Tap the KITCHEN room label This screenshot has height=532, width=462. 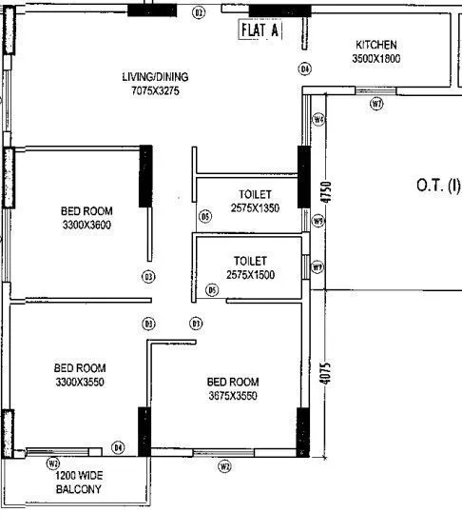[376, 45]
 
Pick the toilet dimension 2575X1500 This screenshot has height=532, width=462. [250, 274]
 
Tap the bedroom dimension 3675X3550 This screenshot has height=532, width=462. [233, 395]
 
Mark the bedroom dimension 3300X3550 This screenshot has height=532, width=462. [80, 382]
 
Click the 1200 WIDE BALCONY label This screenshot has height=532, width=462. [78, 483]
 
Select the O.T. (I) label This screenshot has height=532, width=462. [438, 186]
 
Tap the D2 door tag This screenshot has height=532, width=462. [199, 12]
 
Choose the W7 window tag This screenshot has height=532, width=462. [377, 103]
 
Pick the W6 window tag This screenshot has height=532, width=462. [318, 119]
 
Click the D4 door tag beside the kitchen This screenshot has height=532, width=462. [305, 69]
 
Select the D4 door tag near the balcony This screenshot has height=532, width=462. [118, 446]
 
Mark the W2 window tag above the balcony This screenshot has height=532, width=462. [53, 463]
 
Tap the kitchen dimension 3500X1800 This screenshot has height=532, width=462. [376, 58]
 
